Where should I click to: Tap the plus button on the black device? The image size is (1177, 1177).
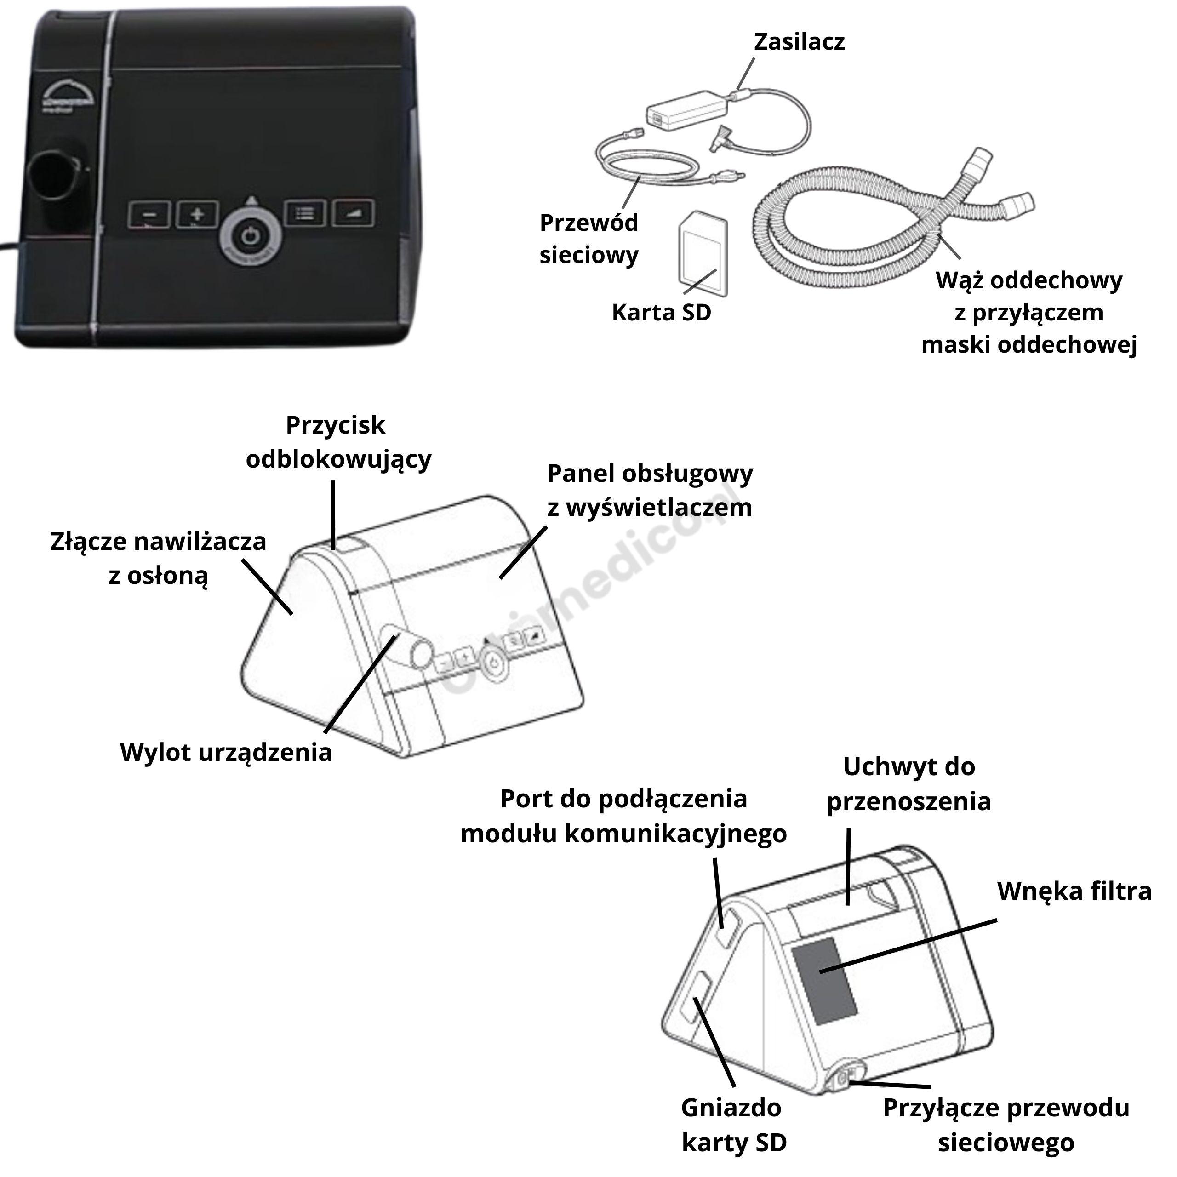point(197,214)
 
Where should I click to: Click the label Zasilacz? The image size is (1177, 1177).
point(799,41)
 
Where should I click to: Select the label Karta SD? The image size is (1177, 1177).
point(661,313)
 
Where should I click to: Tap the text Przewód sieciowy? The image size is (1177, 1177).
point(588,239)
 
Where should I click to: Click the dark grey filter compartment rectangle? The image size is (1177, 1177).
point(823,980)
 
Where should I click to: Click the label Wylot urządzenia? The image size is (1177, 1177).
point(226,752)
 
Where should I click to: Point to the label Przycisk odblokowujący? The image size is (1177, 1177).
point(337,442)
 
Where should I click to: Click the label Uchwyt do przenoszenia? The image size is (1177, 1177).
point(908,783)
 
